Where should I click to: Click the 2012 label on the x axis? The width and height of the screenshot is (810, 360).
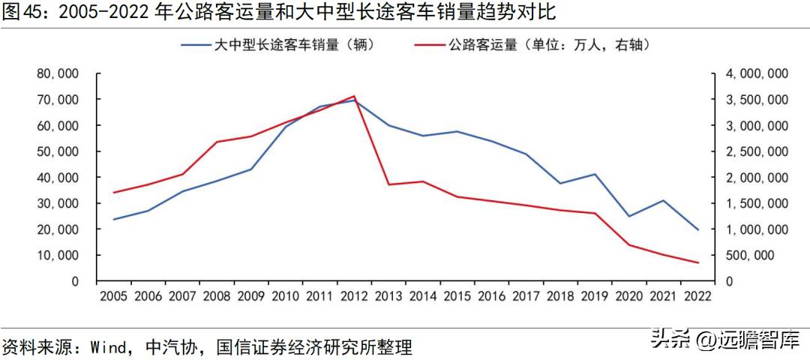pos(355,296)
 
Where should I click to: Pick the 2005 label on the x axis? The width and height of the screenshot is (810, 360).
pos(114,296)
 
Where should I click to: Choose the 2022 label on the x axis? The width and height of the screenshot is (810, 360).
pos(698,296)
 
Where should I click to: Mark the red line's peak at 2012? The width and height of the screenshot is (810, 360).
pos(355,96)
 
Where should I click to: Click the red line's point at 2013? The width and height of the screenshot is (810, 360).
pos(388,184)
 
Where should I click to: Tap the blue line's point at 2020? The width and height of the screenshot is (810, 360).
pos(629,217)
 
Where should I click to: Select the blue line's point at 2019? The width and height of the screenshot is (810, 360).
pos(595,174)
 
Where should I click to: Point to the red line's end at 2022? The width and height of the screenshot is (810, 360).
pos(698,262)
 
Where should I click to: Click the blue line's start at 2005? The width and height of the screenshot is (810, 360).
pos(114,220)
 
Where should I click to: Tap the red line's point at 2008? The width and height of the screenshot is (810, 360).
pos(217,142)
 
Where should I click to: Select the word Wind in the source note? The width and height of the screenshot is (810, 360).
pos(107,347)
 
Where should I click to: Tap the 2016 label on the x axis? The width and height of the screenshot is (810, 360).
pos(492,296)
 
